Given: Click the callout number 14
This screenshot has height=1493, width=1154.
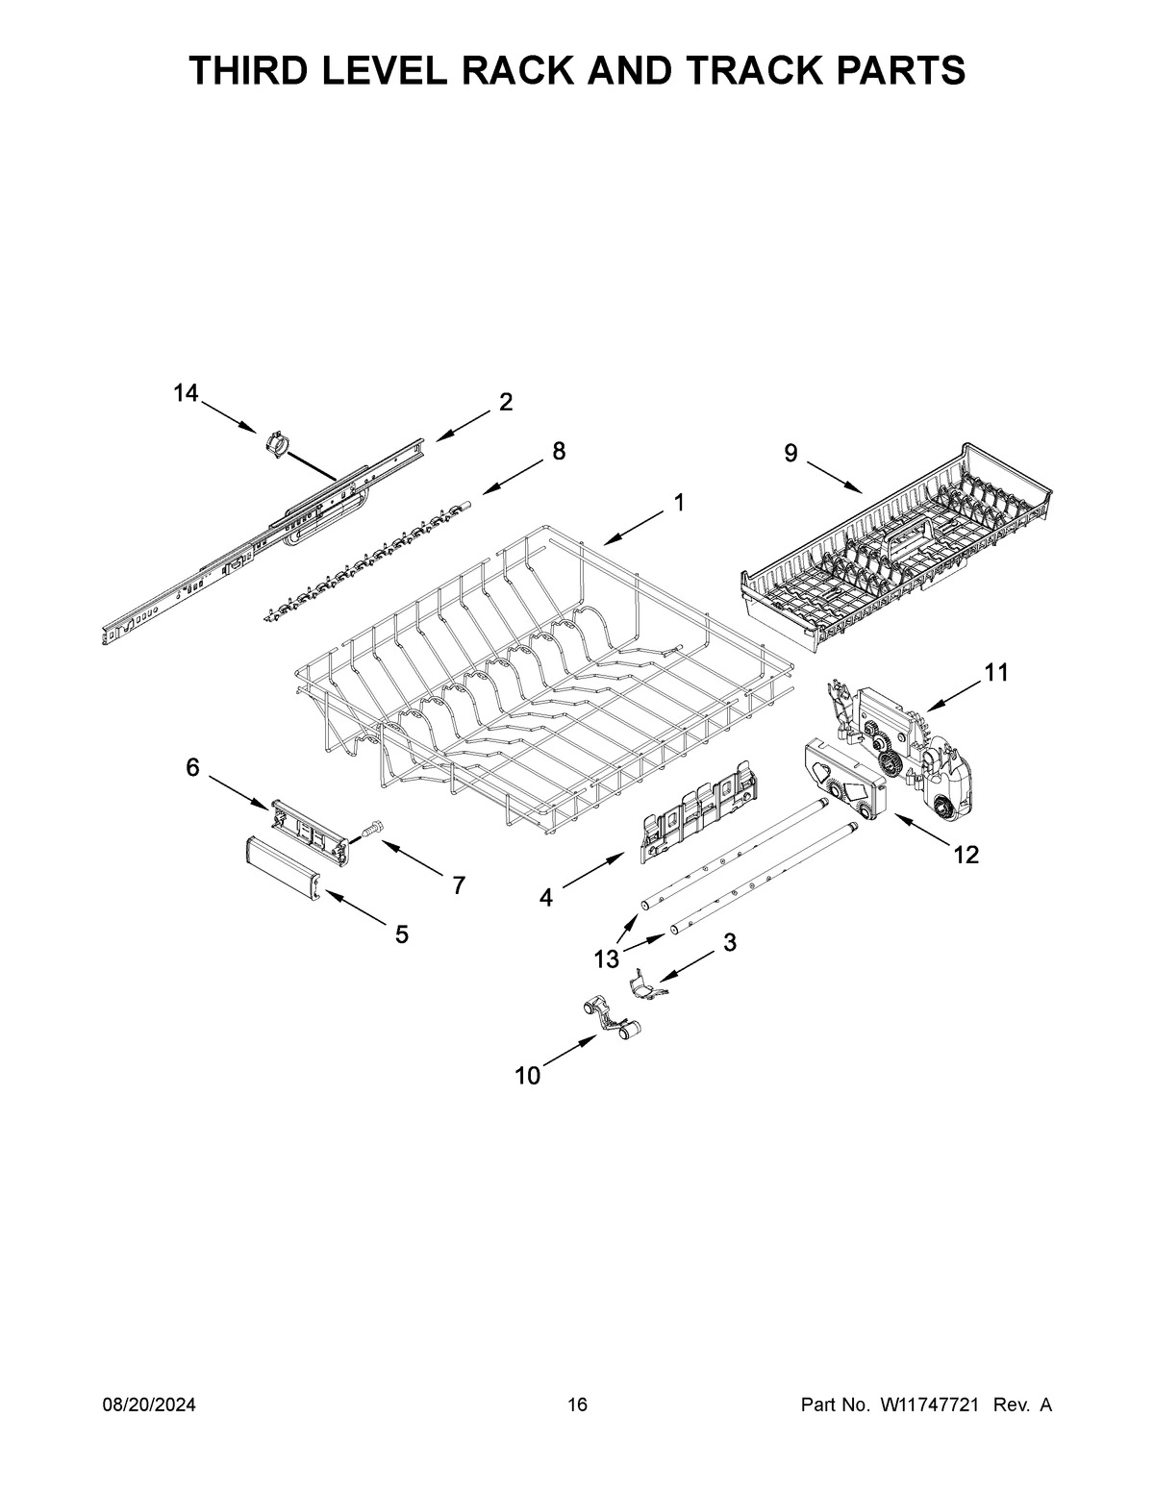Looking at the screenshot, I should point(186,392).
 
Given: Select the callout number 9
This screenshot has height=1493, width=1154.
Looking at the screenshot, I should point(790,454).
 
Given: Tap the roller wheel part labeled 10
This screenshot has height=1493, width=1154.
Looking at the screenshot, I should point(611,1019).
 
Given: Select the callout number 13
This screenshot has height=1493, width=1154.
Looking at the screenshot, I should point(606,958).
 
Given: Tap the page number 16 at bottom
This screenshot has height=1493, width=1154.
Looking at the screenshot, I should point(577,1406).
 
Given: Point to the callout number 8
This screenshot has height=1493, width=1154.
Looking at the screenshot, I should point(558,451).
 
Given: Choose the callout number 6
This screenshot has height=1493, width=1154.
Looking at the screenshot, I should point(192,767).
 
